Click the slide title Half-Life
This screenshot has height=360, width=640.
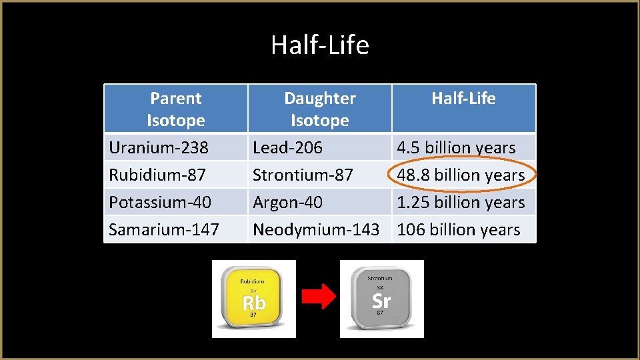[x=319, y=46]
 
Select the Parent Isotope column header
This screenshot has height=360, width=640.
[x=176, y=109]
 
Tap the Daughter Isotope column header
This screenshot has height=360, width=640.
[x=320, y=109]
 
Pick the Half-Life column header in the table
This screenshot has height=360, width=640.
[x=463, y=99]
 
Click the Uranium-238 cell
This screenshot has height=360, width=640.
[x=159, y=147]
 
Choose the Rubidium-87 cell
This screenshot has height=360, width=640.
[x=157, y=175]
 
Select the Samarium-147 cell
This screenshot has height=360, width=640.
[x=164, y=229]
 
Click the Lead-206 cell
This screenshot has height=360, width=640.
[x=287, y=147]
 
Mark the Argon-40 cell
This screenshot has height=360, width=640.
[x=287, y=202]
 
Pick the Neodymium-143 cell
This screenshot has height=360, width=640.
[x=316, y=229]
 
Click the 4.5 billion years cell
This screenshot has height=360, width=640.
[x=456, y=147]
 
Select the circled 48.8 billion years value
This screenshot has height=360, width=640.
[x=461, y=175]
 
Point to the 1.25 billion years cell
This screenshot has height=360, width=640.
[x=461, y=202]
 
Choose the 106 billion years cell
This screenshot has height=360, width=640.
[x=459, y=229]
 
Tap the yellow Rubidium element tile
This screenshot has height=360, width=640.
[x=253, y=298]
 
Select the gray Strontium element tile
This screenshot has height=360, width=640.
[x=381, y=298]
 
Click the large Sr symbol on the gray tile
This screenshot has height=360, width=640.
[x=381, y=300]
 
